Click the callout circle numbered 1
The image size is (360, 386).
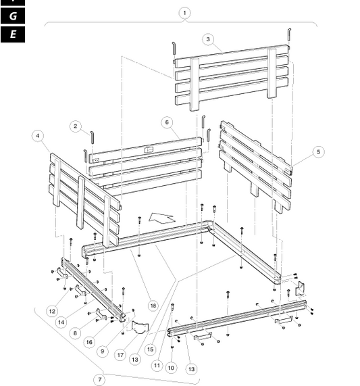click(184, 13)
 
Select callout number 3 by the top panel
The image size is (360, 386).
click(208, 39)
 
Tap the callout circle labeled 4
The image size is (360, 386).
click(38, 136)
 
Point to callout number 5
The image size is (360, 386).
click(318, 151)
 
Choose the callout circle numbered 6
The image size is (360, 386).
click(167, 122)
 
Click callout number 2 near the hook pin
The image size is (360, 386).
click(75, 126)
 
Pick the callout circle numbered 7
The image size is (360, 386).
click(99, 379)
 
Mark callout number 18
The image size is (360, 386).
click(153, 306)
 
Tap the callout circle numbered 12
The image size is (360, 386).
click(52, 311)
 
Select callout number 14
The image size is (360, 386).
click(61, 322)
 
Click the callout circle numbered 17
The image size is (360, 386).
click(120, 355)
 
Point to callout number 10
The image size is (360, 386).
click(171, 368)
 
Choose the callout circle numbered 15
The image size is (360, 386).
click(150, 349)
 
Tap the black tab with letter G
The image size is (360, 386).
click(13, 16)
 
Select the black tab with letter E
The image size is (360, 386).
click(13, 34)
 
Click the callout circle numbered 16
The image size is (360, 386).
click(89, 342)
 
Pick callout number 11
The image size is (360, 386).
click(157, 365)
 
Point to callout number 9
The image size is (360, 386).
click(103, 351)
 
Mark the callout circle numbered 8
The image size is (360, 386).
click(75, 333)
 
